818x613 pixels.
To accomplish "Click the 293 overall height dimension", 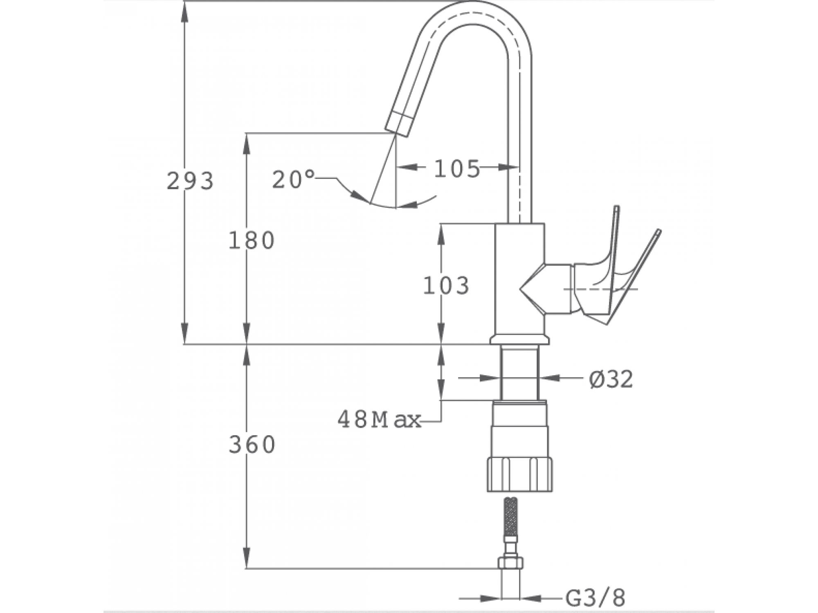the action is [190, 181].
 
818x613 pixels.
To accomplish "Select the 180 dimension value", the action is [251, 240].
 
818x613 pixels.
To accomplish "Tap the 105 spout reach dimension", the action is [457, 169].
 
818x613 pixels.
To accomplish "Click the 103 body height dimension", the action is [446, 285].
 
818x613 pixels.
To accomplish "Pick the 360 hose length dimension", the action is [252, 445].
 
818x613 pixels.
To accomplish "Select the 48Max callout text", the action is [379, 419].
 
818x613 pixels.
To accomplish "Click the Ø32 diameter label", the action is [611, 379].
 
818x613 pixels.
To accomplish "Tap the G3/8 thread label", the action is [596, 598].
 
